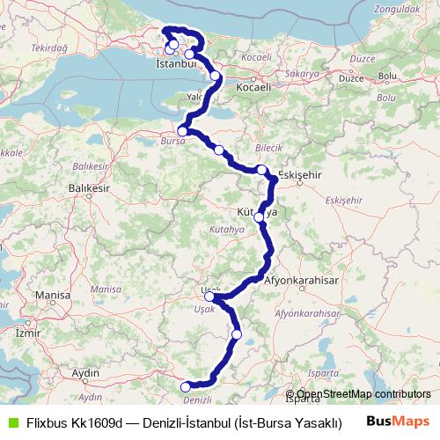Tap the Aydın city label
pos(85,373)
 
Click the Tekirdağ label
pos(49,52)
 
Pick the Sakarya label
pos(302,76)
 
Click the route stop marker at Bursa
pos(182,130)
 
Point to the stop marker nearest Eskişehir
pos(262,169)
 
